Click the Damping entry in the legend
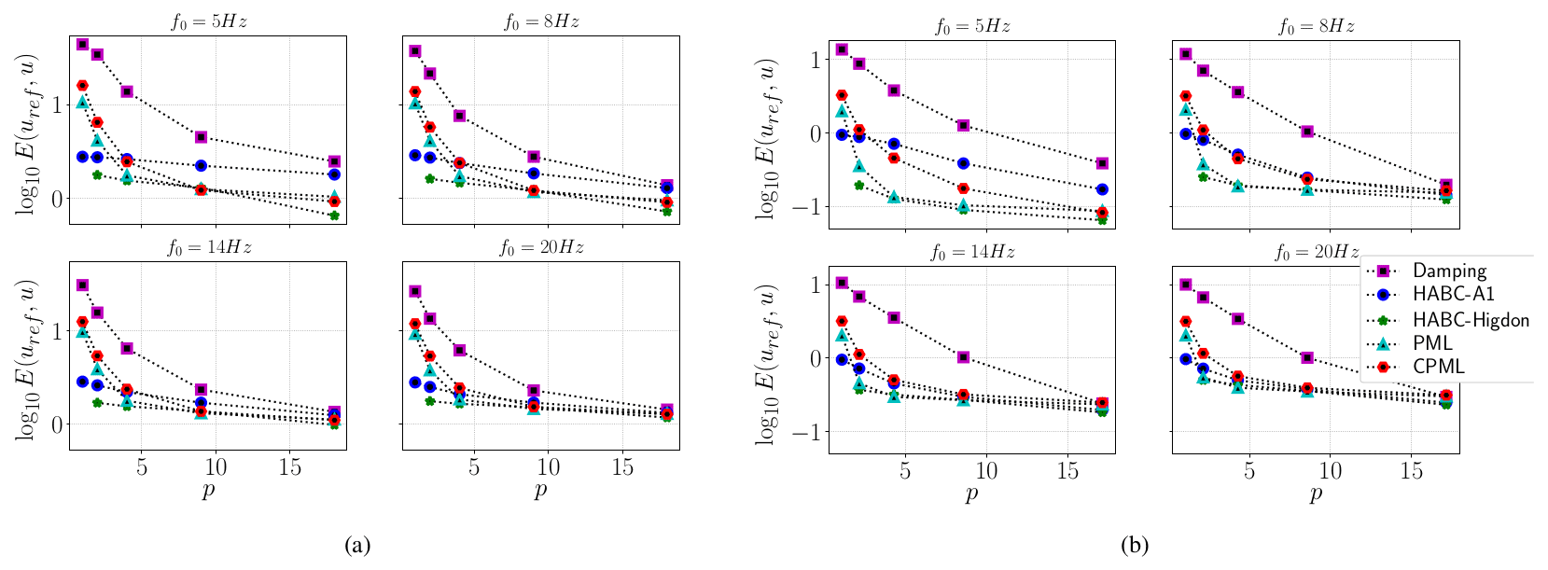point(1448,271)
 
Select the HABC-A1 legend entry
point(1453,294)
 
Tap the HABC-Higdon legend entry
point(1470,319)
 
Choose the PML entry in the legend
point(1432,343)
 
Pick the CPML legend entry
point(1438,367)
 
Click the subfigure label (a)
point(357,546)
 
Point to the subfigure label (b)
point(1135,546)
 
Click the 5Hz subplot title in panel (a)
point(208,21)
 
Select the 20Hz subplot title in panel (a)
point(541,247)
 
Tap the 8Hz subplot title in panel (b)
point(1316,26)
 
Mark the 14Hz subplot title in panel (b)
point(971,251)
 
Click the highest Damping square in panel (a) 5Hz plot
point(82,44)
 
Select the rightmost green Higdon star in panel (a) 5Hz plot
point(334,215)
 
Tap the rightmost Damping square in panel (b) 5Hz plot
point(1102,163)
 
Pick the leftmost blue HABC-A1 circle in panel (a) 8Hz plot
point(415,155)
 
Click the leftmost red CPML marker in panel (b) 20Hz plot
point(1186,322)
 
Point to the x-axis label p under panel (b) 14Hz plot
point(971,493)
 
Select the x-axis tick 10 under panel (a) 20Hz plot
point(548,467)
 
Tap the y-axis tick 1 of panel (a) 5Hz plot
point(57,104)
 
